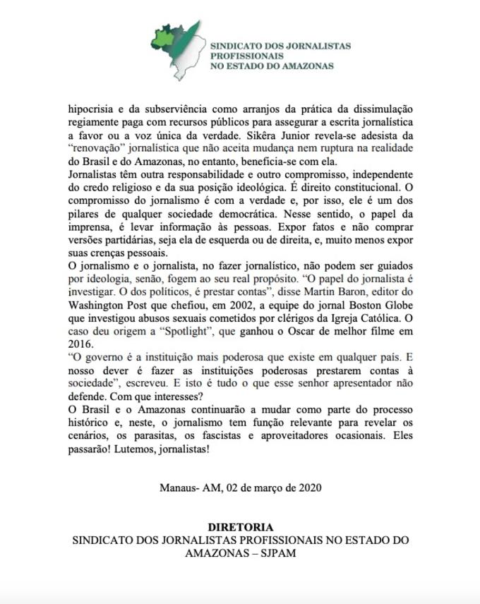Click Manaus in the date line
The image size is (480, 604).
pyautogui.click(x=176, y=487)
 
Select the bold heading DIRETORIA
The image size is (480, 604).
pyautogui.click(x=240, y=526)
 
